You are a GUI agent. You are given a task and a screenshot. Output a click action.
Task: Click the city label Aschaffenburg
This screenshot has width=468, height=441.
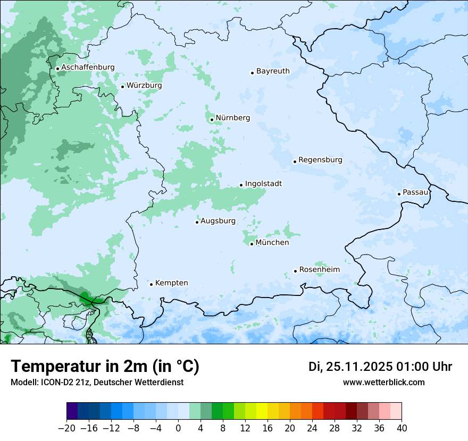pyautogui.click(x=88, y=67)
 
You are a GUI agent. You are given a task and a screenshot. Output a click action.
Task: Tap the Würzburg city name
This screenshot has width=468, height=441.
pyautogui.click(x=144, y=86)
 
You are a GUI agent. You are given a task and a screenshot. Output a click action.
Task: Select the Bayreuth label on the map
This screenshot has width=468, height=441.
pyautogui.click(x=273, y=71)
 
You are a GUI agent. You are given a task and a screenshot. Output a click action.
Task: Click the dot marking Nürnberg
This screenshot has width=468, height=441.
pyautogui.click(x=212, y=120)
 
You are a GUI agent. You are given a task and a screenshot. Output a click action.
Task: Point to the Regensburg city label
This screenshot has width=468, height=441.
pyautogui.click(x=320, y=160)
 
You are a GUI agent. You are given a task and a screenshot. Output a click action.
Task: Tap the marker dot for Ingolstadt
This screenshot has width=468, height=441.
pyautogui.click(x=241, y=185)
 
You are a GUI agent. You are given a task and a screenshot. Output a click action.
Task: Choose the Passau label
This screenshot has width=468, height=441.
pyautogui.click(x=415, y=192)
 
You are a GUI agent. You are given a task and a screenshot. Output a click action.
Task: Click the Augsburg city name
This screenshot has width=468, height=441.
pyautogui.click(x=218, y=221)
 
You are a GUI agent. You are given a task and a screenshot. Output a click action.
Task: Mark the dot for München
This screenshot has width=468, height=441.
pyautogui.click(x=252, y=244)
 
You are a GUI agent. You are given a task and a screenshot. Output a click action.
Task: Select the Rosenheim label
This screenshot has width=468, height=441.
pyautogui.click(x=320, y=270)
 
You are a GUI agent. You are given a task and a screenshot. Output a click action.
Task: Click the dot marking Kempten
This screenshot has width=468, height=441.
pyautogui.click(x=151, y=284)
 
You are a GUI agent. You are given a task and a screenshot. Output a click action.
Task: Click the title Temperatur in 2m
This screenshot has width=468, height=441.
pyautogui.click(x=105, y=367)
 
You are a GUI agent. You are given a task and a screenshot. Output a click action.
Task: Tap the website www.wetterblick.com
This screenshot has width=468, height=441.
pyautogui.click(x=383, y=383)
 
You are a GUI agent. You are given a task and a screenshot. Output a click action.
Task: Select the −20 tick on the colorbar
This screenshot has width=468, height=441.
pyautogui.click(x=66, y=428)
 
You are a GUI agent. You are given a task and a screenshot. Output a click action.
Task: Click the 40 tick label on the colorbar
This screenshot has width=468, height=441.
pyautogui.click(x=402, y=428)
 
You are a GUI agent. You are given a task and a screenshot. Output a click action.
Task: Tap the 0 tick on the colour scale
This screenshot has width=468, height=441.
pyautogui.click(x=178, y=428)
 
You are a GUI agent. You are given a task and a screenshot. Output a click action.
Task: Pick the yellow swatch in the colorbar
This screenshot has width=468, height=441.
pyautogui.click(x=262, y=411)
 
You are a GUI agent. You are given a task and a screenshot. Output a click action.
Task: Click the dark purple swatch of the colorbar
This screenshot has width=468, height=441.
pyautogui.click(x=72, y=411)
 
